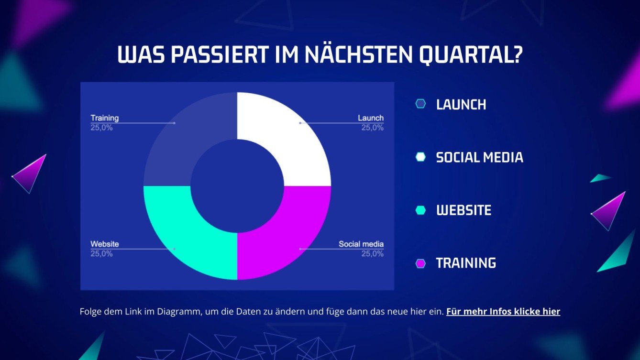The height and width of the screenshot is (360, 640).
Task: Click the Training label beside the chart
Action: coord(105,118)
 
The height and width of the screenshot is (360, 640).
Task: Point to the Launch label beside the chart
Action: coord(371,118)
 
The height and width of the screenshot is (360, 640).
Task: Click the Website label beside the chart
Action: coord(105,244)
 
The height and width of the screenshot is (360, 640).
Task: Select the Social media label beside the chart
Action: coord(361,244)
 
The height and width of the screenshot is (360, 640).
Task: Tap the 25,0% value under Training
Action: coord(102,128)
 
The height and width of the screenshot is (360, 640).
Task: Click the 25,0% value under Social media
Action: coord(372,254)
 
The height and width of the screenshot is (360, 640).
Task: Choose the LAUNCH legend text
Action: coord(461,105)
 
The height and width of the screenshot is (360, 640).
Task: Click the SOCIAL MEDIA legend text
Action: coord(479,157)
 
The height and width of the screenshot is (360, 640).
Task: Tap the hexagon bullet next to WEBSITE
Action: coord(420,210)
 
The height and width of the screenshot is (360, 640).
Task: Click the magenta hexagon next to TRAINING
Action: coord(420,263)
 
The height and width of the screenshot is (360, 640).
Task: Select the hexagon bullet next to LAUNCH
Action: coord(420,104)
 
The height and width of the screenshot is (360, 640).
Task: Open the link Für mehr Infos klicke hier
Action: coord(503,312)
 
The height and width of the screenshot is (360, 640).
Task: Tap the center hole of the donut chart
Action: coord(237,185)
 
